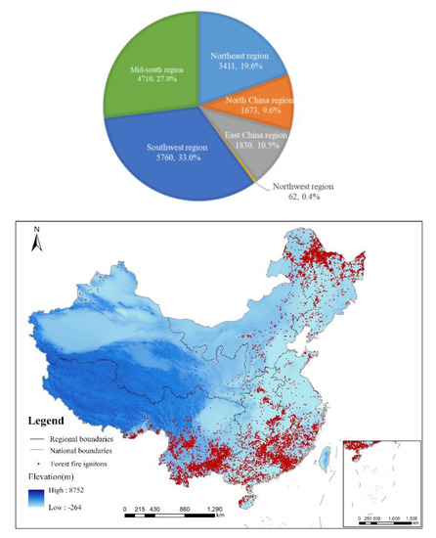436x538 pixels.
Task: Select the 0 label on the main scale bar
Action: pos(126,511)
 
